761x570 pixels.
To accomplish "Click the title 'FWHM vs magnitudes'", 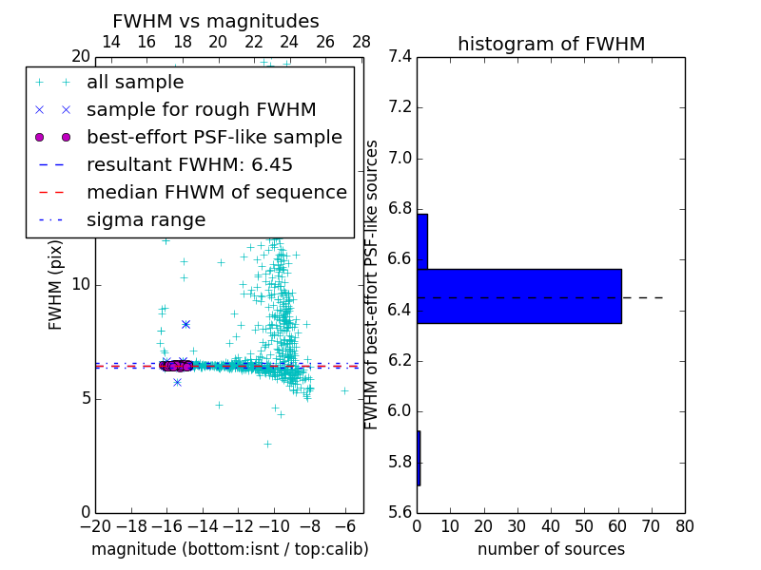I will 215,21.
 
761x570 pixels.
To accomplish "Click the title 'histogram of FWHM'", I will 551,44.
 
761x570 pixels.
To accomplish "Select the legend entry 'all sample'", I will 135,83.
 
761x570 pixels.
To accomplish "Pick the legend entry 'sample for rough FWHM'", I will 201,109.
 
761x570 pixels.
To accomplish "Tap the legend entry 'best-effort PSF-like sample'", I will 214,137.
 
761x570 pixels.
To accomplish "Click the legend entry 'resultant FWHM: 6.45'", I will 189,164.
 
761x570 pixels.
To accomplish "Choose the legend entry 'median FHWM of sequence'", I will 216,192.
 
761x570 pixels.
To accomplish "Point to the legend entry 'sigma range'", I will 146,220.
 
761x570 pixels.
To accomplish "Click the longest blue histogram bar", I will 518,295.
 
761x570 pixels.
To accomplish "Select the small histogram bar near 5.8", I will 419,458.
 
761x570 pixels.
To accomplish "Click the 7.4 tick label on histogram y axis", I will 400,57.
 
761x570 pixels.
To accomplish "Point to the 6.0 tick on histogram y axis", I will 400,411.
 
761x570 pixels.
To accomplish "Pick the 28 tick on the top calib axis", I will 361,42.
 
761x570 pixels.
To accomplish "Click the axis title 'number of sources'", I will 551,549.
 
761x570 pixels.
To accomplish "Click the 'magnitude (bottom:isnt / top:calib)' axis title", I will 229,549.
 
